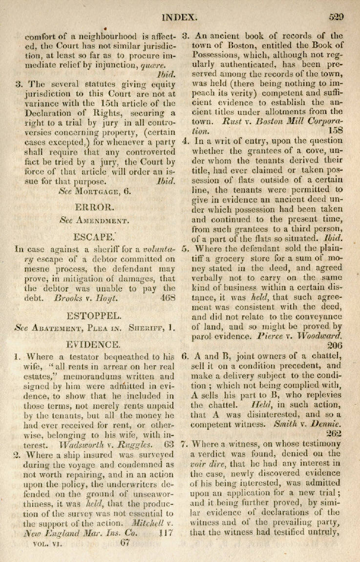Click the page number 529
[336, 16]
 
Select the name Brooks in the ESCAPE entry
[72, 296]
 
